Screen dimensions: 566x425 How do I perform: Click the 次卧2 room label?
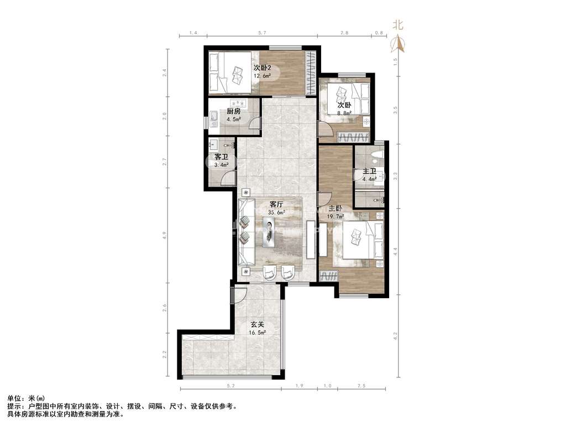pyautogui.click(x=261, y=68)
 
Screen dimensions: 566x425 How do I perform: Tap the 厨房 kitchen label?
pyautogui.click(x=234, y=111)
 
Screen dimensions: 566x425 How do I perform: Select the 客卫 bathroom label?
pyautogui.click(x=221, y=157)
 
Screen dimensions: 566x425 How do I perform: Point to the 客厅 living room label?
pyautogui.click(x=276, y=205)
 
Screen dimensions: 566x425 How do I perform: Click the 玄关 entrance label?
pyautogui.click(x=258, y=324)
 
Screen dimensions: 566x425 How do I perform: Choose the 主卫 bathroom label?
pyautogui.click(x=369, y=172)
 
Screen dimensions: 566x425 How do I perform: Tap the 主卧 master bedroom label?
pyautogui.click(x=336, y=209)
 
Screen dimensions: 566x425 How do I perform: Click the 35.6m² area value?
pyautogui.click(x=276, y=213)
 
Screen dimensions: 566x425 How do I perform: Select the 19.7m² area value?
pyautogui.click(x=336, y=217)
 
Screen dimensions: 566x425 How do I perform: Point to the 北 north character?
pyautogui.click(x=398, y=25)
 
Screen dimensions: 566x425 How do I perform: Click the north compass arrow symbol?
pyautogui.click(x=398, y=43)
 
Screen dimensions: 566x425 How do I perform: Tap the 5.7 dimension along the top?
pyautogui.click(x=262, y=33)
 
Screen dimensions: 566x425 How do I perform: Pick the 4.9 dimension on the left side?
pyautogui.click(x=165, y=235)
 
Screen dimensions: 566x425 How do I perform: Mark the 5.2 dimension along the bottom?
pyautogui.click(x=230, y=386)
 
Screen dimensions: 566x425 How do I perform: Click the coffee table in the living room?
pyautogui.click(x=269, y=232)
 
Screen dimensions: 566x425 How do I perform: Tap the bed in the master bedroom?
pyautogui.click(x=363, y=240)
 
